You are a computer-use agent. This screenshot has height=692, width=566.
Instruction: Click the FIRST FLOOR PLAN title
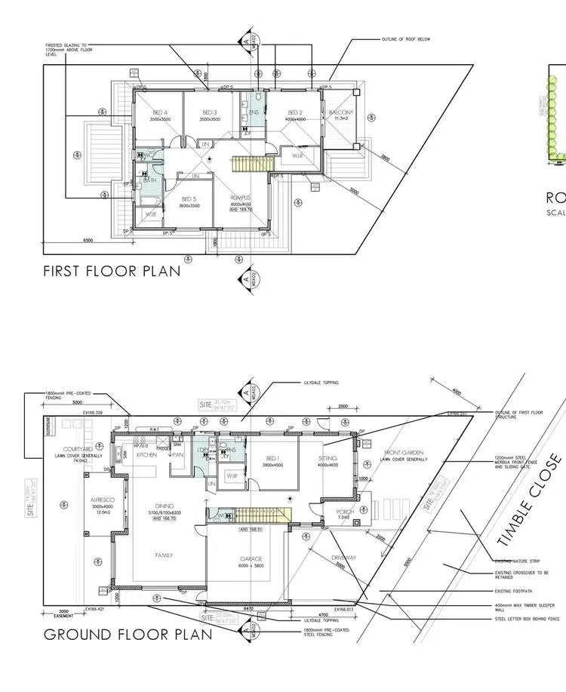112,271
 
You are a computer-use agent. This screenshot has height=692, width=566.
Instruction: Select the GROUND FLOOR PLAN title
128,634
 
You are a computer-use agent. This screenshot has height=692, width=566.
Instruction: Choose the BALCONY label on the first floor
341,113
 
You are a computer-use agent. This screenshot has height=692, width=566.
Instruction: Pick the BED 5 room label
189,199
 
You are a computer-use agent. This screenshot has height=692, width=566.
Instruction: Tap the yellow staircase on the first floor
248,162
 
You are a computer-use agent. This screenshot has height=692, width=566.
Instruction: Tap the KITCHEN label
145,456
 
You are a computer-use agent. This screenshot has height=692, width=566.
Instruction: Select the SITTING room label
328,458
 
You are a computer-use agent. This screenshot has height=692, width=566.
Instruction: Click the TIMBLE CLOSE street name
531,499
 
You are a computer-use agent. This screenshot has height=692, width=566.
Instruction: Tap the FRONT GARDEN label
405,451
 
